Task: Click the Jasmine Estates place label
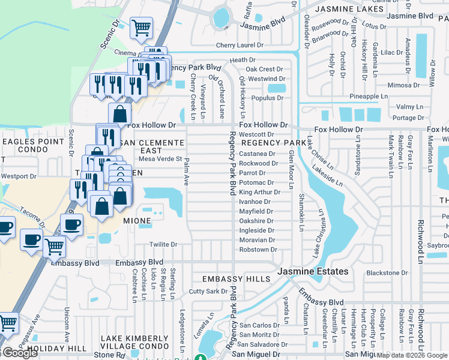313,272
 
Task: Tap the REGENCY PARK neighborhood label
274,143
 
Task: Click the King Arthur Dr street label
259,192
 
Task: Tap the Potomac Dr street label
256,182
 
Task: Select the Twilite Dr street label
163,245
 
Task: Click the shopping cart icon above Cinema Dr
141,27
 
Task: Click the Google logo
20,353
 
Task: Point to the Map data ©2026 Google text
412,355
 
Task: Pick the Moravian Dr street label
258,239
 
